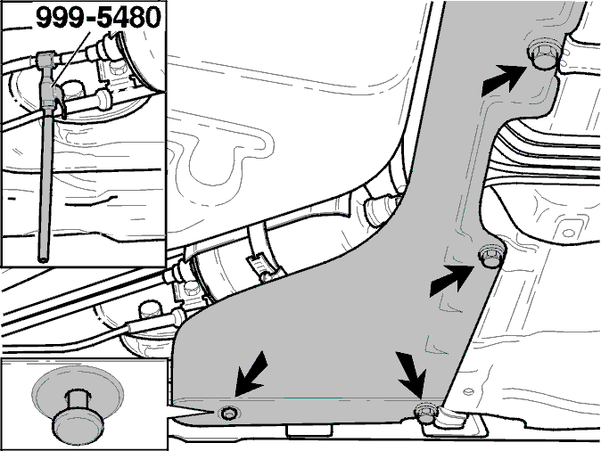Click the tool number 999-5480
[x=98, y=17]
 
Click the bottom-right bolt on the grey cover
[x=426, y=413]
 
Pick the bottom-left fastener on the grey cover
[x=229, y=413]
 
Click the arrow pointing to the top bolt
[x=503, y=80]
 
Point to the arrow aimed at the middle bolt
[x=451, y=281]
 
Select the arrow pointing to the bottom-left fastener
[x=251, y=373]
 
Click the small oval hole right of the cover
[x=568, y=233]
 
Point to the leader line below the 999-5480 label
[x=71, y=58]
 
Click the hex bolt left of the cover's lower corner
[x=150, y=310]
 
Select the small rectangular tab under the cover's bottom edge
[x=309, y=430]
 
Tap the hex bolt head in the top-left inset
[x=73, y=91]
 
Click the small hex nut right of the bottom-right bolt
[x=468, y=391]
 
